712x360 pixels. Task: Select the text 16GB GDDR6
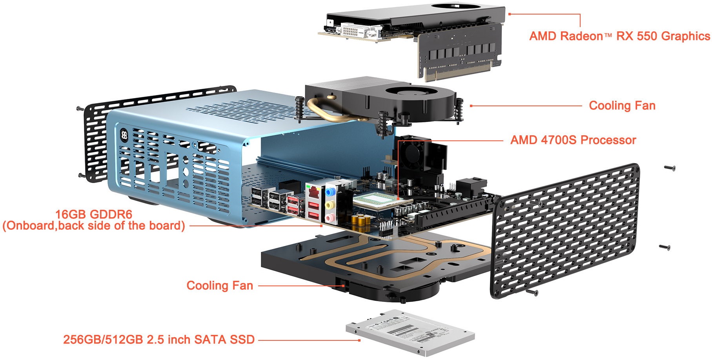(x=94, y=214)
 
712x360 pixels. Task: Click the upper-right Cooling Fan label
(x=622, y=105)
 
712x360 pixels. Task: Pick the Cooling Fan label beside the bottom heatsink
(x=220, y=285)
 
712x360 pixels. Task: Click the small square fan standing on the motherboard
(x=412, y=153)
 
